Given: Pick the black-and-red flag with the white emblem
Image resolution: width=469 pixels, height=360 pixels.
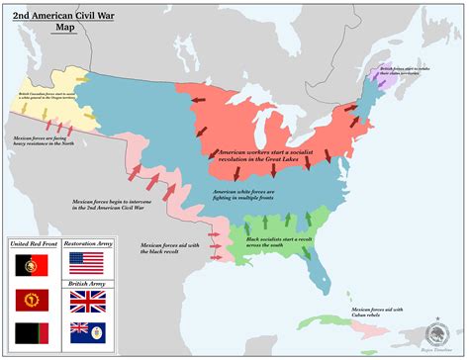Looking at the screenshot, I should tap(27, 264).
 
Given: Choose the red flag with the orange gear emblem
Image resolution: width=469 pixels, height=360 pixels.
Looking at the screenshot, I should tap(27, 299).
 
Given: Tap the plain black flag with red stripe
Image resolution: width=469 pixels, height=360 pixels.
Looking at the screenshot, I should tap(27, 332).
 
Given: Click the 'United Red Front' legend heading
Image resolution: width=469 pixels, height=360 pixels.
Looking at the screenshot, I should tap(30, 243).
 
